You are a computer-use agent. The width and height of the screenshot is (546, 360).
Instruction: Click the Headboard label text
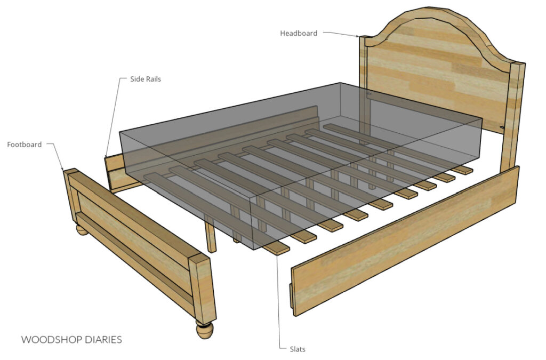coord(299,33)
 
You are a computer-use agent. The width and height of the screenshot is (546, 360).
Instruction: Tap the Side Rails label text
coord(146,79)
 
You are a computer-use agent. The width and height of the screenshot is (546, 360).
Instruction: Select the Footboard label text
coord(24,145)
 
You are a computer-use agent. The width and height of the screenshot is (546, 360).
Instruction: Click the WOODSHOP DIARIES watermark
coord(72,339)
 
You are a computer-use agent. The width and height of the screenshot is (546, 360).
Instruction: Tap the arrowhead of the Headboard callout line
coord(358,37)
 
